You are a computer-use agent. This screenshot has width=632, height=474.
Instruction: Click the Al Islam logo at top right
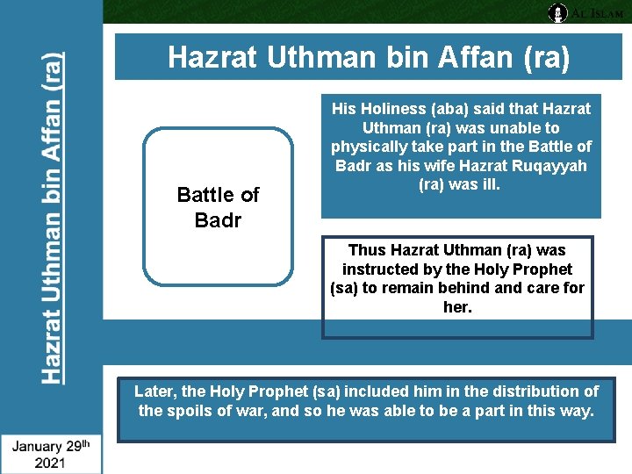[585, 12]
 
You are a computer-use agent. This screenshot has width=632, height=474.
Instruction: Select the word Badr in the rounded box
[218, 219]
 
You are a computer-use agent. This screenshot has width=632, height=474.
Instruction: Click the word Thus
[367, 250]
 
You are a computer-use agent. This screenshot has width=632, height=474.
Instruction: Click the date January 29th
[51, 446]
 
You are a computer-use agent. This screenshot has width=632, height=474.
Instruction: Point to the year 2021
[50, 463]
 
